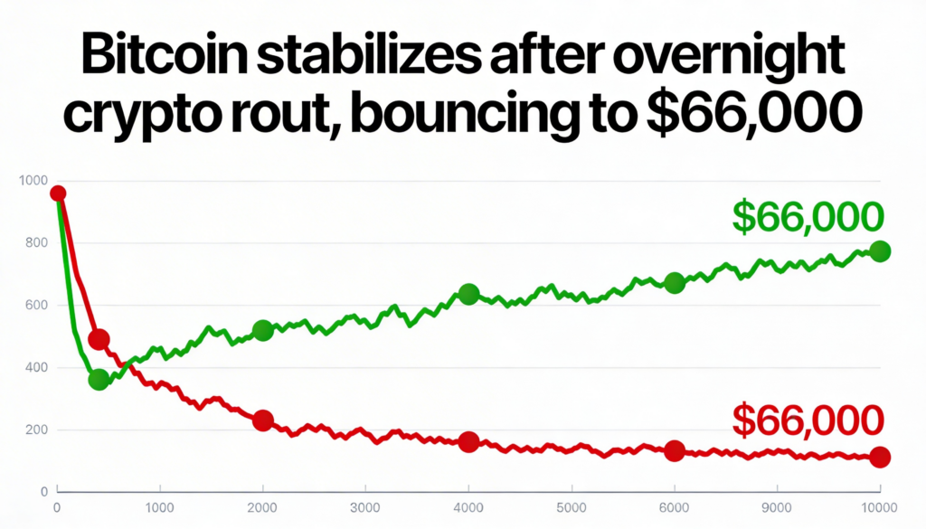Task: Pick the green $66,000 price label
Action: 807,219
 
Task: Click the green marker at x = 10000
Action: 879,251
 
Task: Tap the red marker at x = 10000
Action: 879,458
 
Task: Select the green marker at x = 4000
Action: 468,294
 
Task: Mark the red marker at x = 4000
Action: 468,442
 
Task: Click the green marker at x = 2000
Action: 263,331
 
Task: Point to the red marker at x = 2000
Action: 263,420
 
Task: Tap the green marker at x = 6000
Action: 674,283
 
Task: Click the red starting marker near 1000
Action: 58,193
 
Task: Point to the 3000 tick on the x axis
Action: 365,507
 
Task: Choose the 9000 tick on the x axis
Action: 776,507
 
